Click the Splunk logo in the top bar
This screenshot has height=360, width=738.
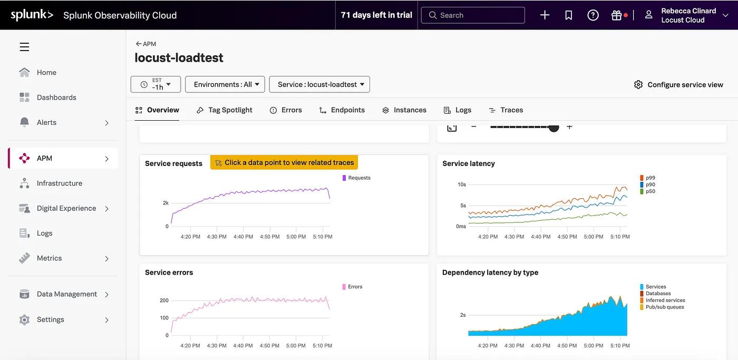[32, 15]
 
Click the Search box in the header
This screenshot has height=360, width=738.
[473, 15]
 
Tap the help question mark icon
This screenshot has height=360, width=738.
[593, 15]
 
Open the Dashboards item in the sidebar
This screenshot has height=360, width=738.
[56, 98]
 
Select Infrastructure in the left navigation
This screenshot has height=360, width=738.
[59, 183]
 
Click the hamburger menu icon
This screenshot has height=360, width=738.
[24, 47]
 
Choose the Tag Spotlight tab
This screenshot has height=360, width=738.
[225, 110]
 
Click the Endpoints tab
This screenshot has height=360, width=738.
[342, 110]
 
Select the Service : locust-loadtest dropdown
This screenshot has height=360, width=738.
[319, 84]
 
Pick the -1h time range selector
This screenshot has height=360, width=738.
[156, 84]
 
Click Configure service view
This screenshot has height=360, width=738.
[678, 85]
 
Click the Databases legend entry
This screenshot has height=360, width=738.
[658, 294]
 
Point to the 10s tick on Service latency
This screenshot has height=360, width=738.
[461, 184]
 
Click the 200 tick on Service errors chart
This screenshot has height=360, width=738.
[164, 300]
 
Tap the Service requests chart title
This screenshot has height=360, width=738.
[173, 163]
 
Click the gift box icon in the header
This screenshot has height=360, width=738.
[616, 15]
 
